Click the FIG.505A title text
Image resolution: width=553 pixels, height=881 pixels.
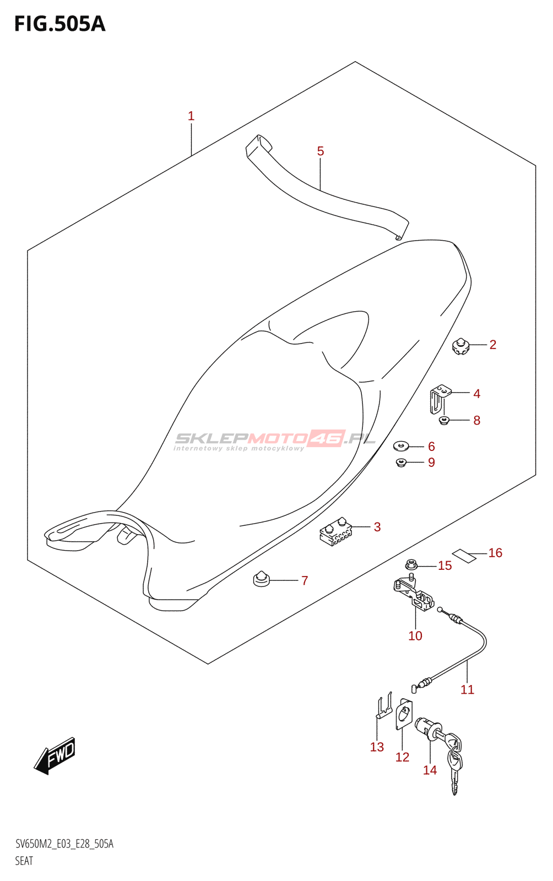[x=59, y=24]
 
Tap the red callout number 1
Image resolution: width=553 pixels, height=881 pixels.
[x=191, y=116]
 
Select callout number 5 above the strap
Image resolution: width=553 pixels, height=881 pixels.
[x=321, y=151]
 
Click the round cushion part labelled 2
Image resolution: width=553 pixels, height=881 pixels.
[x=460, y=347]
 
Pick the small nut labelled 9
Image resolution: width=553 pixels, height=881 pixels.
[x=401, y=462]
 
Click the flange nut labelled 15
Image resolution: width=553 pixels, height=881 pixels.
[x=411, y=564]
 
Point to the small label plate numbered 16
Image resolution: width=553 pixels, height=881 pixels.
[x=464, y=556]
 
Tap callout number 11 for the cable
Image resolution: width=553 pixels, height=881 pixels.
[x=467, y=689]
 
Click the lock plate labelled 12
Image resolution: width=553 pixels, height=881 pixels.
[x=404, y=714]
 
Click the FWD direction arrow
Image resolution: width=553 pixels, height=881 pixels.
[x=55, y=755]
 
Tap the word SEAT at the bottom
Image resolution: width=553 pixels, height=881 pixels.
[x=24, y=861]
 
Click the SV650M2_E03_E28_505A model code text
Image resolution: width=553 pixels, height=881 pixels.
[x=64, y=844]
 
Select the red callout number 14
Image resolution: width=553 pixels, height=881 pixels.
[x=430, y=770]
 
